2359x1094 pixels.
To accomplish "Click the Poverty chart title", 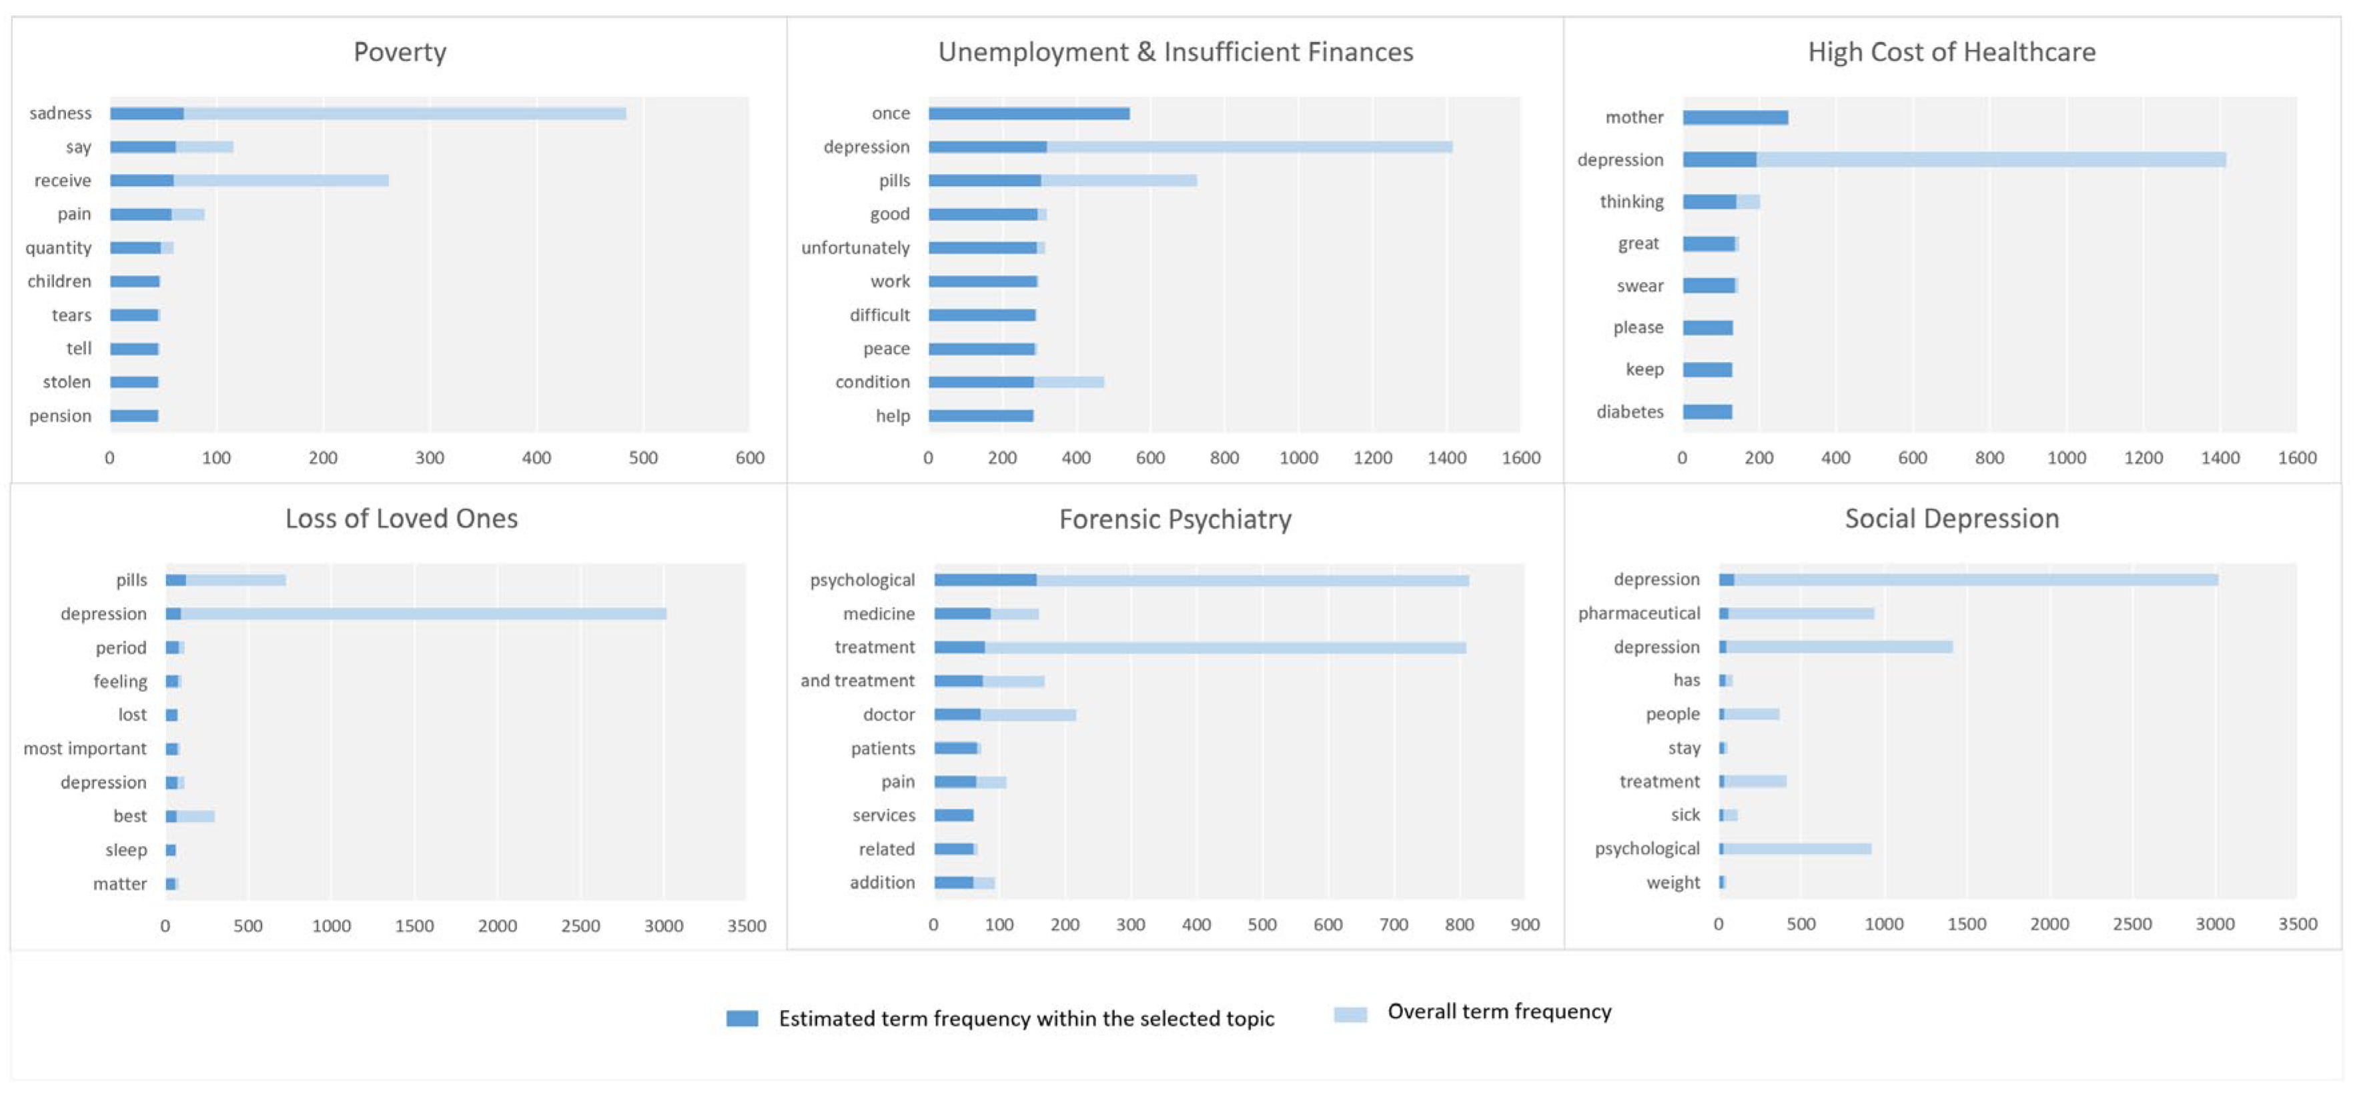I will (400, 52).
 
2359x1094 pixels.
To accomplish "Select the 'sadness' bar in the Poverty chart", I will (366, 113).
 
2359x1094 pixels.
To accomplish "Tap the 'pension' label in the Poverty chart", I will (61, 415).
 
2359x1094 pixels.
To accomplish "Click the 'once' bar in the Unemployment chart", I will (1029, 113).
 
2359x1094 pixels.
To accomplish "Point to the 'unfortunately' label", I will (855, 248).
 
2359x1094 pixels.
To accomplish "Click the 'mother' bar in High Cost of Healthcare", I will (1735, 117).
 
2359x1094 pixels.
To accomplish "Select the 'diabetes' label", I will (1629, 412).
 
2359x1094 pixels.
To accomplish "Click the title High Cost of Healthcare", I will (1951, 52).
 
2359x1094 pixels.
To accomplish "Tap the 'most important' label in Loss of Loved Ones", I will (85, 749).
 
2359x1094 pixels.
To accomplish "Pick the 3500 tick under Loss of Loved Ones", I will (747, 925).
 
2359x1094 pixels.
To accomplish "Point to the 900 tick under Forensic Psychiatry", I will (1524, 925).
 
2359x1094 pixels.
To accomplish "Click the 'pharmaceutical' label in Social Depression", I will (1638, 613).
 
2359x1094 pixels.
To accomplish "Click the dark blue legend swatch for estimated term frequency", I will (742, 1018).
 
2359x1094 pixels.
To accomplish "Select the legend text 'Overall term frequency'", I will (1499, 1011).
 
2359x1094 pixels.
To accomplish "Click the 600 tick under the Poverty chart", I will (749, 458).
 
